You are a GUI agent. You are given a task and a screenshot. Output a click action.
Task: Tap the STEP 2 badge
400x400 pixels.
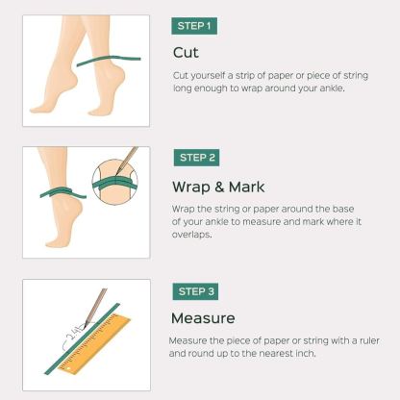click(198, 157)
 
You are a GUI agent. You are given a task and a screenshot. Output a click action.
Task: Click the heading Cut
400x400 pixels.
click(186, 52)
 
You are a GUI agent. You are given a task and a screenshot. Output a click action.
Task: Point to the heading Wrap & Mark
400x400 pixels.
click(217, 186)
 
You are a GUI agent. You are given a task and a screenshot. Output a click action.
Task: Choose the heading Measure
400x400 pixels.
click(202, 317)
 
